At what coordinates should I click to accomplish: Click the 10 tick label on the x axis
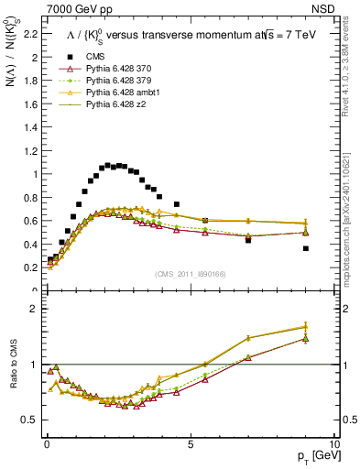click(333, 443)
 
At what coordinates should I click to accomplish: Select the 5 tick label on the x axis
click(190, 443)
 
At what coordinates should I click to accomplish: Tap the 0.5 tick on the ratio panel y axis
click(30, 420)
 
